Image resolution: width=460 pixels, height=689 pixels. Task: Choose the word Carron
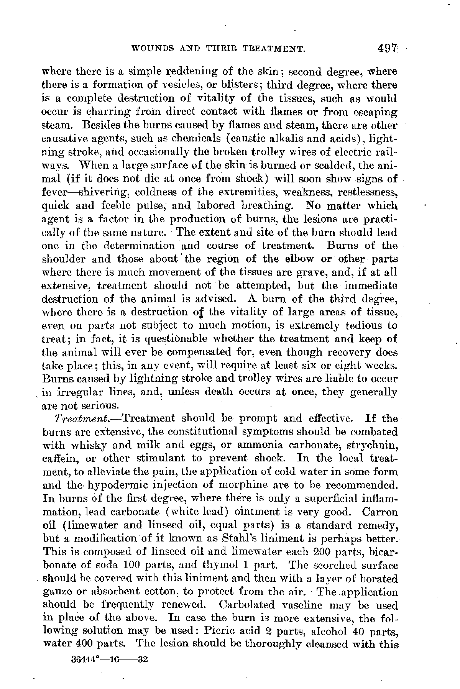tap(380, 512)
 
